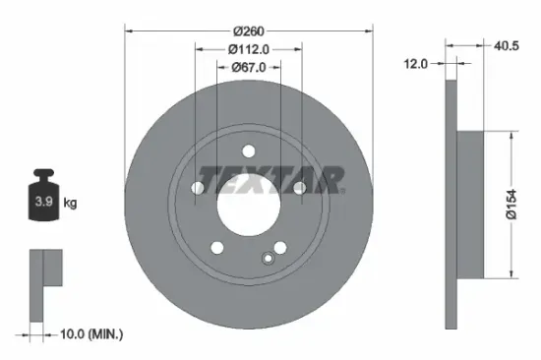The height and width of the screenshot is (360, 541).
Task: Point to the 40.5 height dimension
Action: pos(508,43)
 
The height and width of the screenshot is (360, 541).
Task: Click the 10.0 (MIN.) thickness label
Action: pos(90,334)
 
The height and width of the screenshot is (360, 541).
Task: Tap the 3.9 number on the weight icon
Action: pos(44,204)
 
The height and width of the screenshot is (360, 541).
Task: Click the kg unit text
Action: pos(71,204)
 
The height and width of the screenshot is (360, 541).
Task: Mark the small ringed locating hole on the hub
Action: pos(267,259)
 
